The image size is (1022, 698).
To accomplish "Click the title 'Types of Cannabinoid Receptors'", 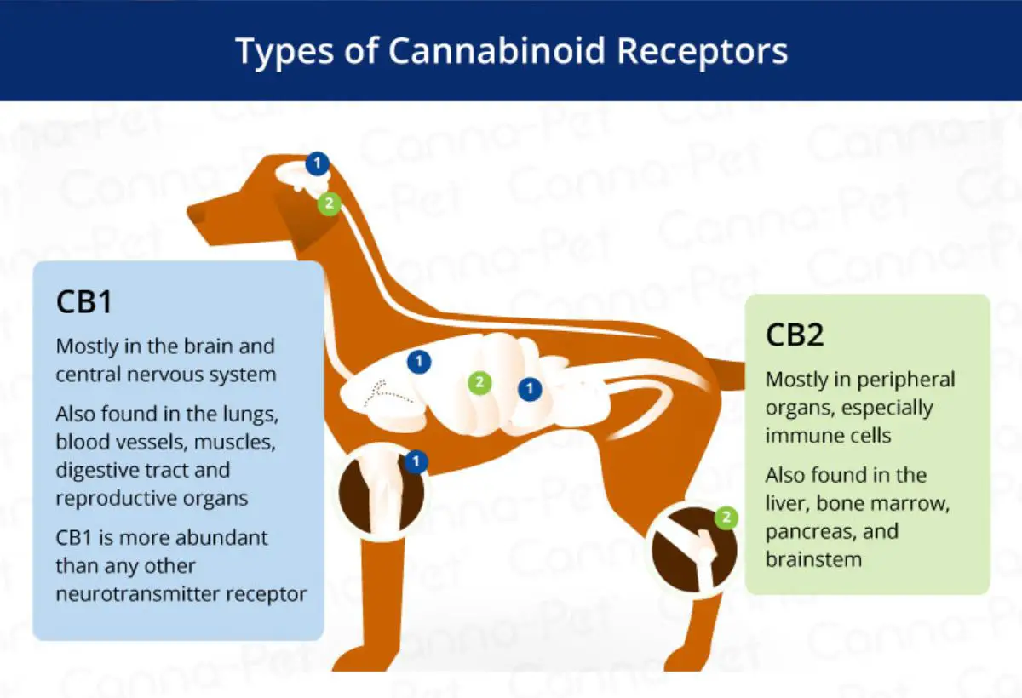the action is [x=512, y=51].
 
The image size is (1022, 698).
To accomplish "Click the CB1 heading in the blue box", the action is [x=84, y=302].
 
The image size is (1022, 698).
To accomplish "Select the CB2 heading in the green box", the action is [x=795, y=335].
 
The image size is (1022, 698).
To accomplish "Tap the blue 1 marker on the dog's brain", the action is [x=318, y=163].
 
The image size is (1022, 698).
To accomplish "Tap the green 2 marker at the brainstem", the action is [x=329, y=203].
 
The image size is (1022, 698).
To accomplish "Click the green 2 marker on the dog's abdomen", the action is [x=479, y=382].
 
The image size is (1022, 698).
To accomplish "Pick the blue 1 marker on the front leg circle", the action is [x=416, y=462].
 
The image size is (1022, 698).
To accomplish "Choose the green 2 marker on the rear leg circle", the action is [x=726, y=518].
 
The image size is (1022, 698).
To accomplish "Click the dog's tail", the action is [x=726, y=375].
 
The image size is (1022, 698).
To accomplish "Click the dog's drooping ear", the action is [x=301, y=219].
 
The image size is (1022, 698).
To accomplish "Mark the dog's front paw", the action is [x=360, y=659].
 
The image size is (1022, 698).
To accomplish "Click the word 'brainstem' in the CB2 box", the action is [x=813, y=559].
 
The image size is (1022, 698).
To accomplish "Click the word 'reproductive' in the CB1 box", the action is [x=116, y=499].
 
